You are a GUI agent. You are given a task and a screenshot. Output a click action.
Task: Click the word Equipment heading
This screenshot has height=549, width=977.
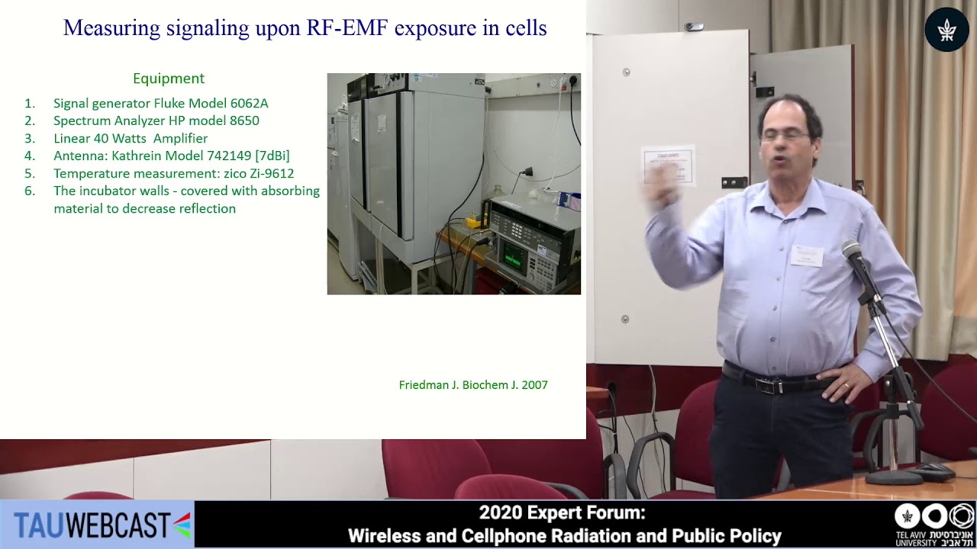tap(169, 79)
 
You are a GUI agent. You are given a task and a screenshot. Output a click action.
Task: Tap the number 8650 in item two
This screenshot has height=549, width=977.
tap(244, 120)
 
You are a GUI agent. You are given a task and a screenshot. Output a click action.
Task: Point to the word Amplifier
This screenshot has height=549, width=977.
tap(181, 139)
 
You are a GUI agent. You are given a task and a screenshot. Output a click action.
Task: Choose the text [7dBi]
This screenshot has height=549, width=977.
tap(272, 156)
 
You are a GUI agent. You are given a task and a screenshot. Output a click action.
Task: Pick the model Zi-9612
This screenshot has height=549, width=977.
tap(272, 173)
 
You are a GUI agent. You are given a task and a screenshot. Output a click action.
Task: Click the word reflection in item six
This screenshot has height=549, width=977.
tap(207, 209)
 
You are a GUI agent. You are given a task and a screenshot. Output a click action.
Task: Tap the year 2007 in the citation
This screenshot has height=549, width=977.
tap(534, 385)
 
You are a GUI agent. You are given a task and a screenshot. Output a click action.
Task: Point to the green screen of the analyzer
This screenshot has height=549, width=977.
tap(514, 255)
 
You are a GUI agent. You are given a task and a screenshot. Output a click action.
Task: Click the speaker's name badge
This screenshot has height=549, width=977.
tap(807, 255)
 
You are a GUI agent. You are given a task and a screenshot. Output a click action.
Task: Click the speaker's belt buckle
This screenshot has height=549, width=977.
tap(770, 385)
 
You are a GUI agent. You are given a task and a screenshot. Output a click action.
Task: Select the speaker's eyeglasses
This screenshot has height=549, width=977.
tap(786, 136)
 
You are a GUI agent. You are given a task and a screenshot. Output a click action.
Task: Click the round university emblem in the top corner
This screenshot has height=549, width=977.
tap(946, 29)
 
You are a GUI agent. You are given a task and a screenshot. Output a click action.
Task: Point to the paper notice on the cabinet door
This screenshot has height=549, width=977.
tap(668, 165)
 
